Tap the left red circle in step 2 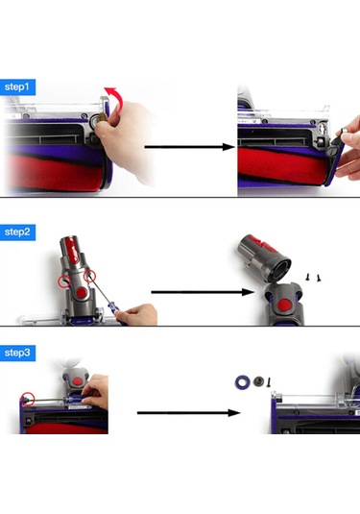(x=68, y=282)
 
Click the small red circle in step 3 (x=31, y=398)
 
